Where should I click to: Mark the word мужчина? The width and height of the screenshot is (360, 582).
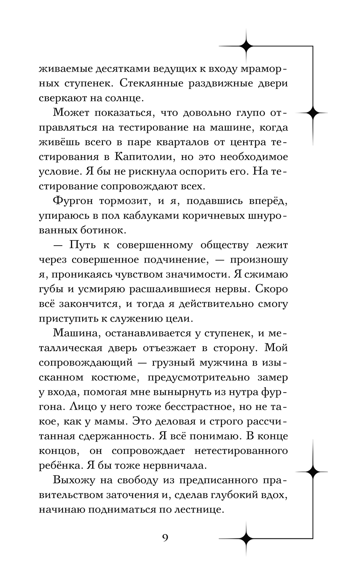tap(222, 362)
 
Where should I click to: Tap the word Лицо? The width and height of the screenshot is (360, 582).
tap(81, 406)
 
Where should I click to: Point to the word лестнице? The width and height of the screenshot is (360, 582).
tap(194, 510)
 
